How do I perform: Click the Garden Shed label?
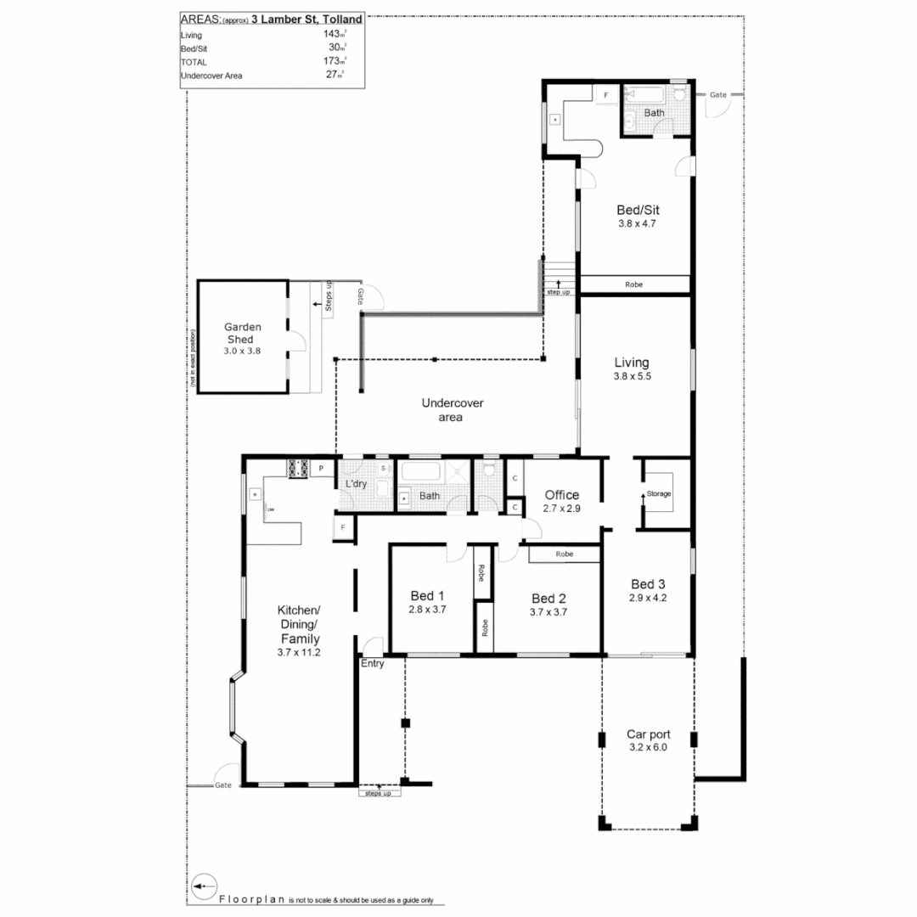point(242,333)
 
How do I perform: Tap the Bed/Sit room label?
point(637,210)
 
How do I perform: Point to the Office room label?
point(562,495)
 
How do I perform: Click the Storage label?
point(660,493)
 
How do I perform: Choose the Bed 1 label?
point(427,594)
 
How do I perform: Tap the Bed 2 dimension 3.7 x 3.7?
point(548,611)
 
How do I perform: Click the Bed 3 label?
point(648,584)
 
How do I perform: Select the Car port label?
point(649,734)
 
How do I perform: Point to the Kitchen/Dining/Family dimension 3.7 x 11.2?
point(298,652)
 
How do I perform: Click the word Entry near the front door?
point(373,664)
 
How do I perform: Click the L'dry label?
point(357,484)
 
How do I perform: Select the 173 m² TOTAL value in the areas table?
point(332,62)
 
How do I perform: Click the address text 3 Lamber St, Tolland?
point(307,19)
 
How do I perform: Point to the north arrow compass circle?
point(201,886)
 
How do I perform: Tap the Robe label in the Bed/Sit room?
point(633,285)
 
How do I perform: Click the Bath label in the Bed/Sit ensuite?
point(654,113)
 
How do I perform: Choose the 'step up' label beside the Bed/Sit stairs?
point(558,291)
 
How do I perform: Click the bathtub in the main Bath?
point(422,472)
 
